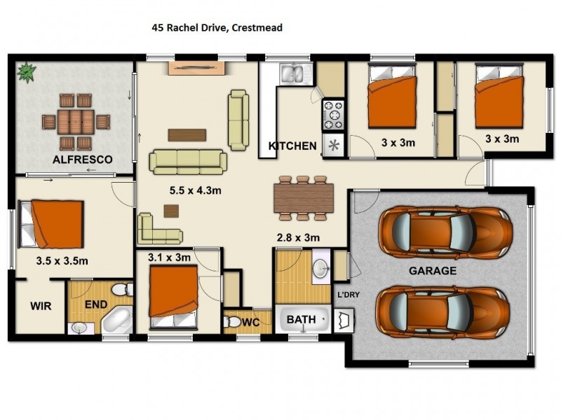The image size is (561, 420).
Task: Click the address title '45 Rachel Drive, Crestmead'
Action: pos(217,27)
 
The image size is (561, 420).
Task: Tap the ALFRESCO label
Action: pos(83,160)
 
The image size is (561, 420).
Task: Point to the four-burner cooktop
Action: pos(334,115)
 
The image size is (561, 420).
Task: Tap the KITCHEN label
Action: pos(292,146)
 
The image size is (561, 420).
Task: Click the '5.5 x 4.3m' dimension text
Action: pos(196,190)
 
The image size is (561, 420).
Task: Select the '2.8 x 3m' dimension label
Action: pos(299,237)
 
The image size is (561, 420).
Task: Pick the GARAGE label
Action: pos(433,271)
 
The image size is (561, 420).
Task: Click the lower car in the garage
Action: pos(443,311)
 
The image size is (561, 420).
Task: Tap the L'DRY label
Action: pos(349,295)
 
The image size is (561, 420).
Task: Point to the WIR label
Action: pos(41,306)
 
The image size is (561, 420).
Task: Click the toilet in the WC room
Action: pos(232,322)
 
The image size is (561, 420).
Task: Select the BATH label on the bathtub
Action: pos(302,319)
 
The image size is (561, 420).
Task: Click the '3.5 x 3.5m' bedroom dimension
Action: pos(62,260)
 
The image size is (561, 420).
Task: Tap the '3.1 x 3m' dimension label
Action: pos(169,257)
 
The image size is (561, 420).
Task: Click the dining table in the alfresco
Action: pos(76,122)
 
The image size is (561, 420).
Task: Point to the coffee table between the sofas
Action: pos(187,135)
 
